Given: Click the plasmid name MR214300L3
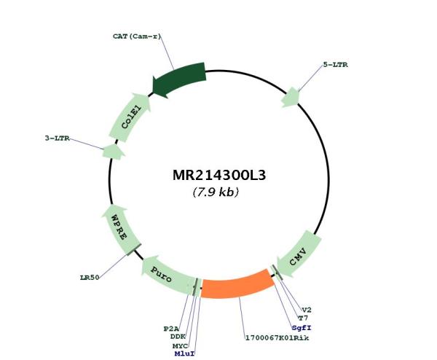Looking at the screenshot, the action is (219, 176).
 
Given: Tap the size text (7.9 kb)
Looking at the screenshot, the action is (216, 192).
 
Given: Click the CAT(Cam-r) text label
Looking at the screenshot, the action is (137, 36).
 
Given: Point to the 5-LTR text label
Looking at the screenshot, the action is (335, 65).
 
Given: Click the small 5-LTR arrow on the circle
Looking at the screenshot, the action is (291, 98).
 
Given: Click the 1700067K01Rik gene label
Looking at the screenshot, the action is (277, 338).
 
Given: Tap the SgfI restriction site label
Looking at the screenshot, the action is (302, 328).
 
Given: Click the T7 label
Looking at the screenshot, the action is (303, 318).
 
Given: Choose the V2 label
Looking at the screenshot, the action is (307, 310).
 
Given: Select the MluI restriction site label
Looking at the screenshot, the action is (184, 353).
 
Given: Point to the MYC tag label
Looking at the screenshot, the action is (180, 346).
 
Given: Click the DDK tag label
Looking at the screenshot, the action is (178, 337).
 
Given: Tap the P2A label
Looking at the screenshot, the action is (171, 329).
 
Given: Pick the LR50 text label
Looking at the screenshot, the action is (90, 278).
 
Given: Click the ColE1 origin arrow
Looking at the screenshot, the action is (130, 117).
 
